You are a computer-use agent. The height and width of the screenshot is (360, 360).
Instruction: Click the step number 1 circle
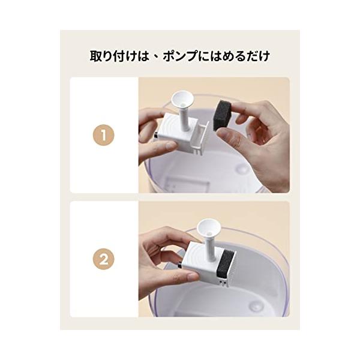pos(104,135)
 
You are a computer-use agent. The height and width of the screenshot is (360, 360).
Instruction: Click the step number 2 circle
pos(104,259)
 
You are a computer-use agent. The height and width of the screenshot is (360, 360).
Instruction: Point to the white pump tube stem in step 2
pos(211,247)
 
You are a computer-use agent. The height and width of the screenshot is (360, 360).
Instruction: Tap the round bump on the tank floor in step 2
pos(254,305)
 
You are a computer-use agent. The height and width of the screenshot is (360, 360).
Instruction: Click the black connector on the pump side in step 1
pos(156,136)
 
